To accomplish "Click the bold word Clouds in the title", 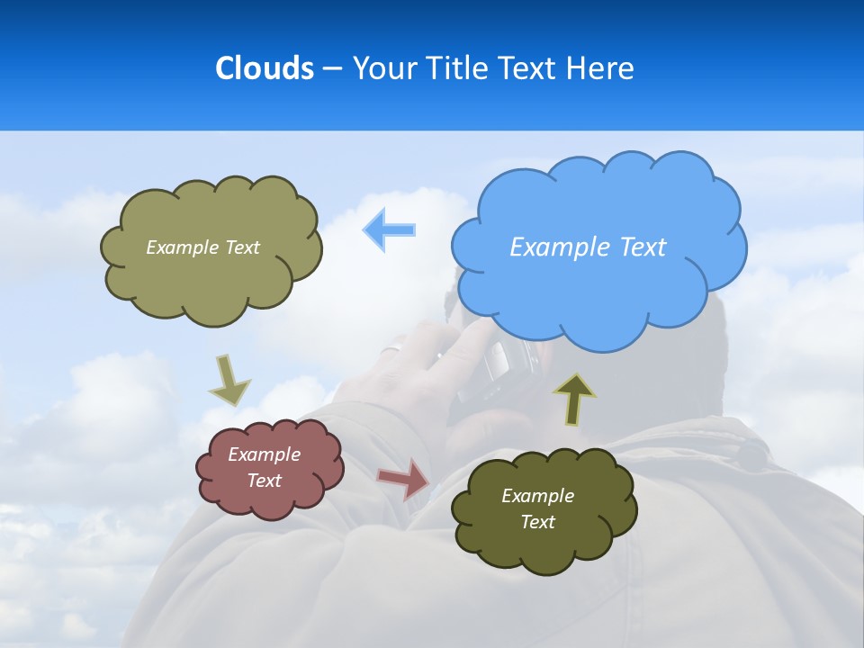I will click(x=265, y=68).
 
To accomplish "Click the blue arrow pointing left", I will click(x=390, y=229).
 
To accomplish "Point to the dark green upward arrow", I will click(x=574, y=400).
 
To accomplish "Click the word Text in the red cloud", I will click(x=265, y=481).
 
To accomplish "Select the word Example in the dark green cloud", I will click(x=537, y=496).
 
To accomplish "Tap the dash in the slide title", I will click(x=332, y=68).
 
